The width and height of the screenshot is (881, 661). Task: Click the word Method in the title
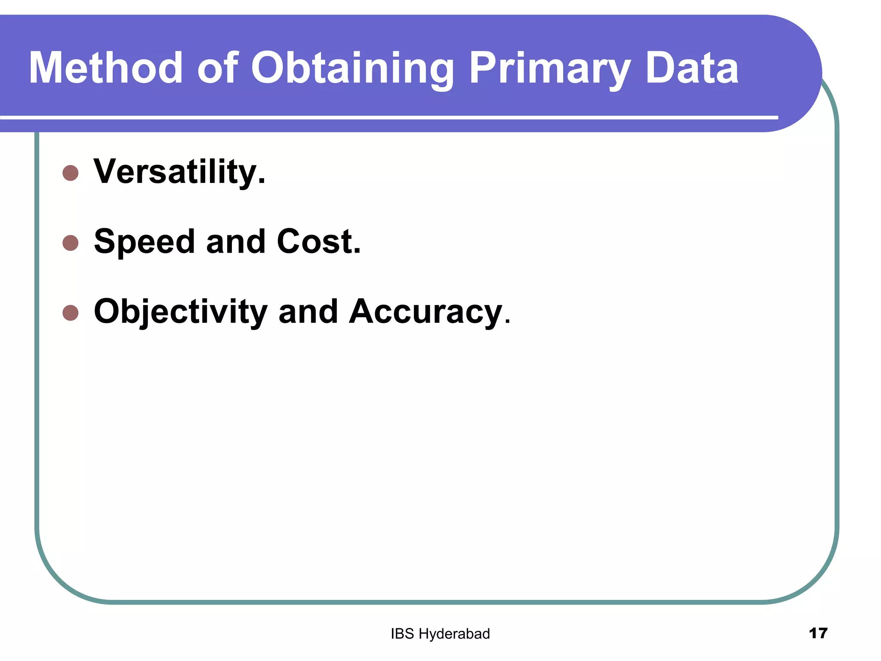click(106, 68)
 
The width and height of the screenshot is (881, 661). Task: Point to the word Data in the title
click(692, 68)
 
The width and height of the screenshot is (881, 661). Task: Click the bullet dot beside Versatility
click(71, 173)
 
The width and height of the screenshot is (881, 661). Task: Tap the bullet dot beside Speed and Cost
click(71, 243)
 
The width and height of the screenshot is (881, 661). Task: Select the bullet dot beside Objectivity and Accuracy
click(71, 313)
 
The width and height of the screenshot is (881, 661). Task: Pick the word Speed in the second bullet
click(144, 242)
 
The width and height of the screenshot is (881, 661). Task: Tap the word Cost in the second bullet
click(318, 241)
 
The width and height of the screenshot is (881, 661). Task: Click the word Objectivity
click(181, 312)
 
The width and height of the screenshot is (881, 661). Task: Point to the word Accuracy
click(426, 312)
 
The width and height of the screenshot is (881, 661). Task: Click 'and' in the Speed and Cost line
click(235, 241)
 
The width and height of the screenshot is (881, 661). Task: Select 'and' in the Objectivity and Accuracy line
click(308, 312)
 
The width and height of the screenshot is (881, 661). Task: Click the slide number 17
click(818, 633)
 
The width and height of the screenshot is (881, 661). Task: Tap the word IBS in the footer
click(402, 634)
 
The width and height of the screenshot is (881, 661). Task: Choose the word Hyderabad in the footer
click(454, 634)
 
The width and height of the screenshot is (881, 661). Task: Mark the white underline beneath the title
click(387, 117)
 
